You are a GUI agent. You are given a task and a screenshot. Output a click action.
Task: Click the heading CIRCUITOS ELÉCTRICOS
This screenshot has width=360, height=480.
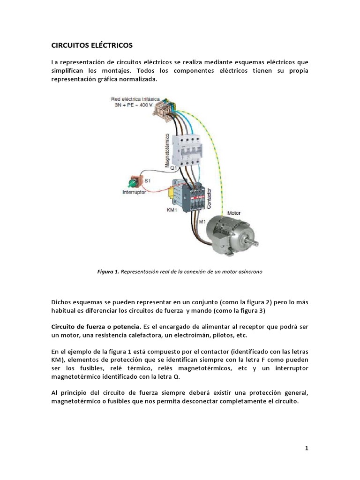[92, 45]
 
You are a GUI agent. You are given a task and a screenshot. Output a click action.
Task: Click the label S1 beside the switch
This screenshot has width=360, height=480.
[147, 180]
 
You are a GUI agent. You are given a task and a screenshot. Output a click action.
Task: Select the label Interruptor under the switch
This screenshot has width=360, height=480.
[134, 192]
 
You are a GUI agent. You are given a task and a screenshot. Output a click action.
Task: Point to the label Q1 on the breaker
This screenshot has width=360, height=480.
[173, 168]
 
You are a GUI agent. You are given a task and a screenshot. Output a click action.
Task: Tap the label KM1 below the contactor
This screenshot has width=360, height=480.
[172, 210]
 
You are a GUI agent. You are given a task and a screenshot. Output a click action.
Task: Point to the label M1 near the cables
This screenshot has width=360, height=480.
[202, 221]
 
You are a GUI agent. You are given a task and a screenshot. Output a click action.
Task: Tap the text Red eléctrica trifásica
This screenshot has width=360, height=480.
[135, 99]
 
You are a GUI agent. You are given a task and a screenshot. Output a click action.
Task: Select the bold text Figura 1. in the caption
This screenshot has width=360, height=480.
[108, 271]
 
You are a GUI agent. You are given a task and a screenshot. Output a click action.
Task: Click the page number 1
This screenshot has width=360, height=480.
[307, 449]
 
